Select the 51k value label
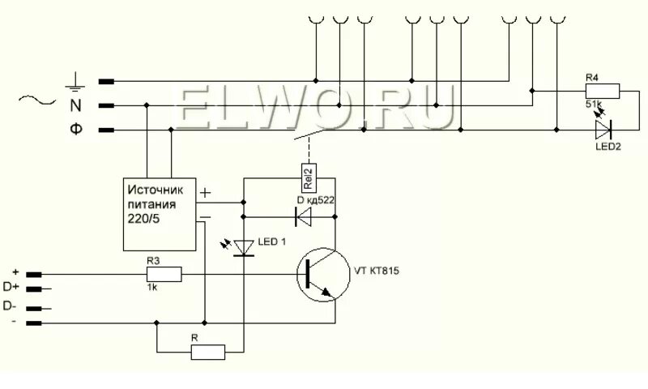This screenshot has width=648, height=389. [x=594, y=105]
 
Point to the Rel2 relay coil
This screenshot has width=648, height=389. [x=308, y=176]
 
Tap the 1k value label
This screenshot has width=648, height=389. [x=152, y=288]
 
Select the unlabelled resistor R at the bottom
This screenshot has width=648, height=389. [x=208, y=352]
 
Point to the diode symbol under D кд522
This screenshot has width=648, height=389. [x=305, y=216]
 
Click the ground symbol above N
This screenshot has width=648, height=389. [x=75, y=80]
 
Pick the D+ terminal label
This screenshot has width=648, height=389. [x=11, y=289]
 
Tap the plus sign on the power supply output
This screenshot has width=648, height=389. [x=205, y=194]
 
